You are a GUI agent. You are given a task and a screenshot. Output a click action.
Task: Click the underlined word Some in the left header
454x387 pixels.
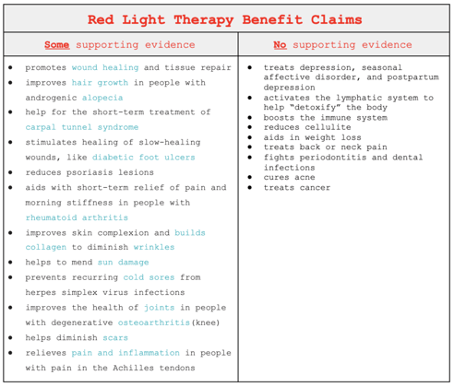pos(57,45)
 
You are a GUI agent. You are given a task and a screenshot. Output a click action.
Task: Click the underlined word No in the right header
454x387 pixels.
pos(280,45)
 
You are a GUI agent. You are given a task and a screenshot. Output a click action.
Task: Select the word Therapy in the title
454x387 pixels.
pos(204,20)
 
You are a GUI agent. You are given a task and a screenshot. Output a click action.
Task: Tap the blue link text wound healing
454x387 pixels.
pos(105,67)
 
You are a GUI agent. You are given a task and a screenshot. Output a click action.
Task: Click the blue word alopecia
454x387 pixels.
pos(102,98)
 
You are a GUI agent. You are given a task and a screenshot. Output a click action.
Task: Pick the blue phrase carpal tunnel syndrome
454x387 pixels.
pos(82,127)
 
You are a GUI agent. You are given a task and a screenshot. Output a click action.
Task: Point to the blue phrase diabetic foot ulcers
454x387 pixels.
pos(144,158)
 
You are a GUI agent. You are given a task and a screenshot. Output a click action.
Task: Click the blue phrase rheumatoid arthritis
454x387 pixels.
pos(77,217)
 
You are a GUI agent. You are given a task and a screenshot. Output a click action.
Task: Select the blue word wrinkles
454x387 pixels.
pos(154,247)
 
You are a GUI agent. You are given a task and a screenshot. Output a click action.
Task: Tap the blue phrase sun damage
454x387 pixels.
pos(123,263)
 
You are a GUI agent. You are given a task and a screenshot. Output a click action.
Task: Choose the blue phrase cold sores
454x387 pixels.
pos(149,277)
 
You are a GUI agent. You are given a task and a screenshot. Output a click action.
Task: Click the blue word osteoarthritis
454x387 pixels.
pos(154,322)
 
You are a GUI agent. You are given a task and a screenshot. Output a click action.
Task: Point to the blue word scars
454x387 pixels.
pos(115,338)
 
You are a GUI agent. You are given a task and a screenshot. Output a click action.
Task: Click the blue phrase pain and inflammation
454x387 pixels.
pos(125,353)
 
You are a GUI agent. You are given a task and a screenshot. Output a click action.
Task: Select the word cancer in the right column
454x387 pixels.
pos(315,188)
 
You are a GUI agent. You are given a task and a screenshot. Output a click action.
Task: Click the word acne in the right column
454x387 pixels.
pos(305,178)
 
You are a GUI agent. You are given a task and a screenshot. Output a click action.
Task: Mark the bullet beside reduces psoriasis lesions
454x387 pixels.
pos(11,172)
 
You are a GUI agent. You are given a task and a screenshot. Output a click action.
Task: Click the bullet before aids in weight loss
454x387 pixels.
pos(249,137)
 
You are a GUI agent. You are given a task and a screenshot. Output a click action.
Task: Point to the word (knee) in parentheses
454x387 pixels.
pos(206,322)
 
